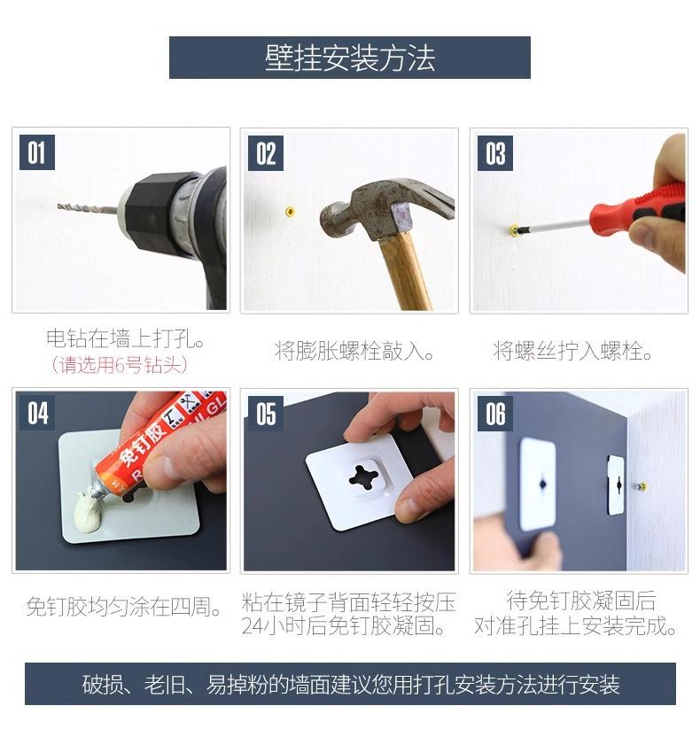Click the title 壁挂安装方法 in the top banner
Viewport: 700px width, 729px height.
click(x=350, y=58)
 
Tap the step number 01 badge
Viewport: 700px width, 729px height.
click(x=37, y=152)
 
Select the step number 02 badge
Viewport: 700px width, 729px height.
click(x=266, y=153)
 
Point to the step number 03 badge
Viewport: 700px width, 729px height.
click(x=495, y=153)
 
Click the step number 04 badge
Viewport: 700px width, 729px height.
click(x=37, y=414)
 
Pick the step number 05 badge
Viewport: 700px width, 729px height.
click(x=266, y=414)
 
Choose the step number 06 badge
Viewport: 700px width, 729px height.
click(x=495, y=414)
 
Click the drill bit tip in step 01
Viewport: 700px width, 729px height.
click(x=58, y=206)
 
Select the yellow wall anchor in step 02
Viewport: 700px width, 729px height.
click(x=291, y=213)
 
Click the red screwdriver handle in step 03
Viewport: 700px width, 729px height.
click(x=636, y=206)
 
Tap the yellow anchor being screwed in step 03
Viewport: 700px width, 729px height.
click(x=514, y=230)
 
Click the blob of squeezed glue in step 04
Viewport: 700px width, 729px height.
click(x=89, y=512)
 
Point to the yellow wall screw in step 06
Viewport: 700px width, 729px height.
click(x=642, y=487)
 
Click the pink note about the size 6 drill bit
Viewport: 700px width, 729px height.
click(x=120, y=365)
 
